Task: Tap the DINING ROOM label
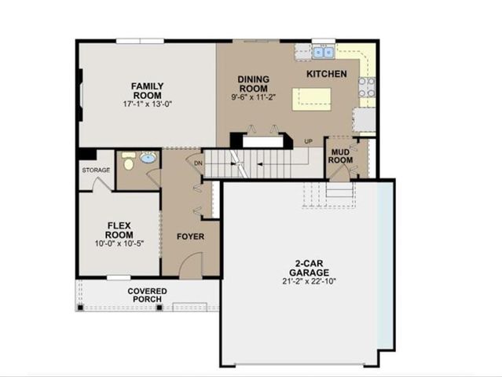[254, 84]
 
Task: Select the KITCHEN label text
[326, 73]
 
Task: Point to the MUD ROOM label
[341, 156]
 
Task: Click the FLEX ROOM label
[119, 229]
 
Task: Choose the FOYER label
[191, 236]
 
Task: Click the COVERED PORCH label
[147, 296]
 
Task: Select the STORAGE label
[96, 170]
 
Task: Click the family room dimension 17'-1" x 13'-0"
[147, 104]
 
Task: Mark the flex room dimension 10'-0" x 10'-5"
[119, 243]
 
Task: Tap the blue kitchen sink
[322, 53]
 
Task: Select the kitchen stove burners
[366, 87]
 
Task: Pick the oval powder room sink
[148, 159]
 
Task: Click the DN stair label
[198, 163]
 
